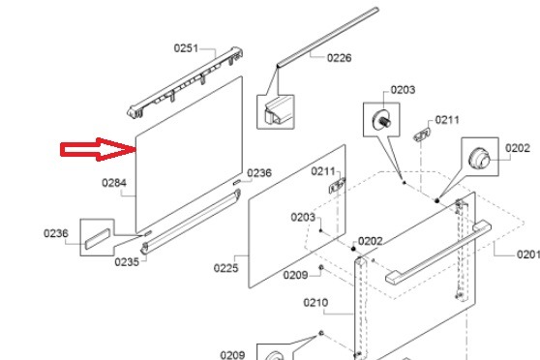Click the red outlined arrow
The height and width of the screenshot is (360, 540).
[x=98, y=149]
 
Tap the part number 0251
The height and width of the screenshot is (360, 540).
[x=186, y=48]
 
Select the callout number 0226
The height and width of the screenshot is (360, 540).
[x=340, y=58]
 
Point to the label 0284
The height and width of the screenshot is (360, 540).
[x=114, y=183]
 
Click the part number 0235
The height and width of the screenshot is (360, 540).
[x=127, y=262]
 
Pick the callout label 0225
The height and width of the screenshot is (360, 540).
[x=225, y=268]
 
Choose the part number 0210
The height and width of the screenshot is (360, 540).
[x=315, y=303]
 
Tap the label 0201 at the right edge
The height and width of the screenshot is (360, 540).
[x=528, y=255]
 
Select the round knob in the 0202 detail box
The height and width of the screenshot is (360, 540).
[x=479, y=158]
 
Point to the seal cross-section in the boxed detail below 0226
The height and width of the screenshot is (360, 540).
[x=275, y=111]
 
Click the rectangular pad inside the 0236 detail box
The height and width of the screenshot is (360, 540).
[x=98, y=238]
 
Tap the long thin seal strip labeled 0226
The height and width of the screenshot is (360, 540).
[x=327, y=37]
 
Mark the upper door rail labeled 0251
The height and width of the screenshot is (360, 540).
[x=185, y=82]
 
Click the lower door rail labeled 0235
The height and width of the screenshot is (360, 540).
[x=191, y=222]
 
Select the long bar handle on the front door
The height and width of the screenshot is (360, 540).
[x=438, y=254]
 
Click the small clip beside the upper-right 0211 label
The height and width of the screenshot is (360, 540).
[x=422, y=135]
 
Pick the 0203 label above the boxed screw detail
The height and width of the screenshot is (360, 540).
[x=403, y=90]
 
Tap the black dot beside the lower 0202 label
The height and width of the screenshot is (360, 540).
[x=353, y=249]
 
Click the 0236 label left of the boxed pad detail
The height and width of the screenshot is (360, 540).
[x=56, y=233]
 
